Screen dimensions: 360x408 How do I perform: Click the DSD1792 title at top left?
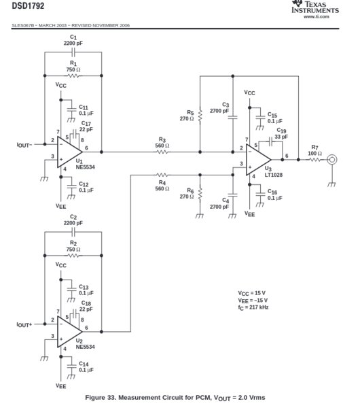click(28, 5)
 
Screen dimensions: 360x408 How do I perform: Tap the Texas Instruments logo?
click(315, 7)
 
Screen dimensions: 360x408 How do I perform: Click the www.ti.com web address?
click(317, 16)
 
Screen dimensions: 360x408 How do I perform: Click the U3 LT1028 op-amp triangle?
click(258, 160)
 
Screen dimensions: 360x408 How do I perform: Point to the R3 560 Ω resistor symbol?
click(162, 152)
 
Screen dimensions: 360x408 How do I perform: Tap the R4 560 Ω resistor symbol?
click(162, 175)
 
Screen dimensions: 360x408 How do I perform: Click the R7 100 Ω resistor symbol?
click(314, 160)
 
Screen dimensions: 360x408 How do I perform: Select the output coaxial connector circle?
click(332, 160)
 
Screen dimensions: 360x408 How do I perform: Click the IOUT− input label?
click(24, 145)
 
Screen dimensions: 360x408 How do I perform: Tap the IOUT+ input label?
click(24, 325)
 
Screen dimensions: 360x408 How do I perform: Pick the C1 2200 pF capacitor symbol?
click(73, 52)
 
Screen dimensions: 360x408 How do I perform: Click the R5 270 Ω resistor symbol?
click(200, 116)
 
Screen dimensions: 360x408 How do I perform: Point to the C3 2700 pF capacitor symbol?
click(232, 118)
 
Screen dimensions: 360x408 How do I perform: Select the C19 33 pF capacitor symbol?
click(270, 141)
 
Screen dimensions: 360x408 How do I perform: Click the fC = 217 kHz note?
click(253, 307)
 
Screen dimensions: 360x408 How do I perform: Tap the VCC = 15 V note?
click(251, 293)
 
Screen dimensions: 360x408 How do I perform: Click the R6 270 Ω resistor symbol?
click(200, 194)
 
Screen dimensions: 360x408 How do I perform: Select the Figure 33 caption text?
click(175, 398)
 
